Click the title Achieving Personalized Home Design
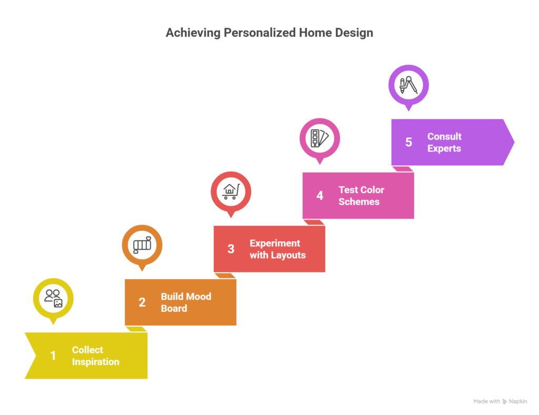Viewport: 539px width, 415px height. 269,33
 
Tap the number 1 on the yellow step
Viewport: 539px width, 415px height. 53,355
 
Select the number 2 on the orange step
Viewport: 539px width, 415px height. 142,302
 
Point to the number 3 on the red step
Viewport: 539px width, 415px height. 231,249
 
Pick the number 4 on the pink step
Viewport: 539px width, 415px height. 320,195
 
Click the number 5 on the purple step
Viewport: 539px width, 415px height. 408,142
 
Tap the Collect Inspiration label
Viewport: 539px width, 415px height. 96,355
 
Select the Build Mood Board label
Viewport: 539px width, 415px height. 186,302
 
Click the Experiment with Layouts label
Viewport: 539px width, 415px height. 277,249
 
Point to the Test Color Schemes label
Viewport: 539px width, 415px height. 361,195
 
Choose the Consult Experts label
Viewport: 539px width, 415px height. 444,142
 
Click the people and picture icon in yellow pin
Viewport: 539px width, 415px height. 53,298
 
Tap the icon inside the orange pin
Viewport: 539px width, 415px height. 142,245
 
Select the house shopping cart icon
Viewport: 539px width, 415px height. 231,192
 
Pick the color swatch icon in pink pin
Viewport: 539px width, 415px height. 320,138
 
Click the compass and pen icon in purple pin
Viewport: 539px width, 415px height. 408,85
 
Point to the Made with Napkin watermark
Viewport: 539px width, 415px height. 500,401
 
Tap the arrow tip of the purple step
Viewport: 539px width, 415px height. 514,142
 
